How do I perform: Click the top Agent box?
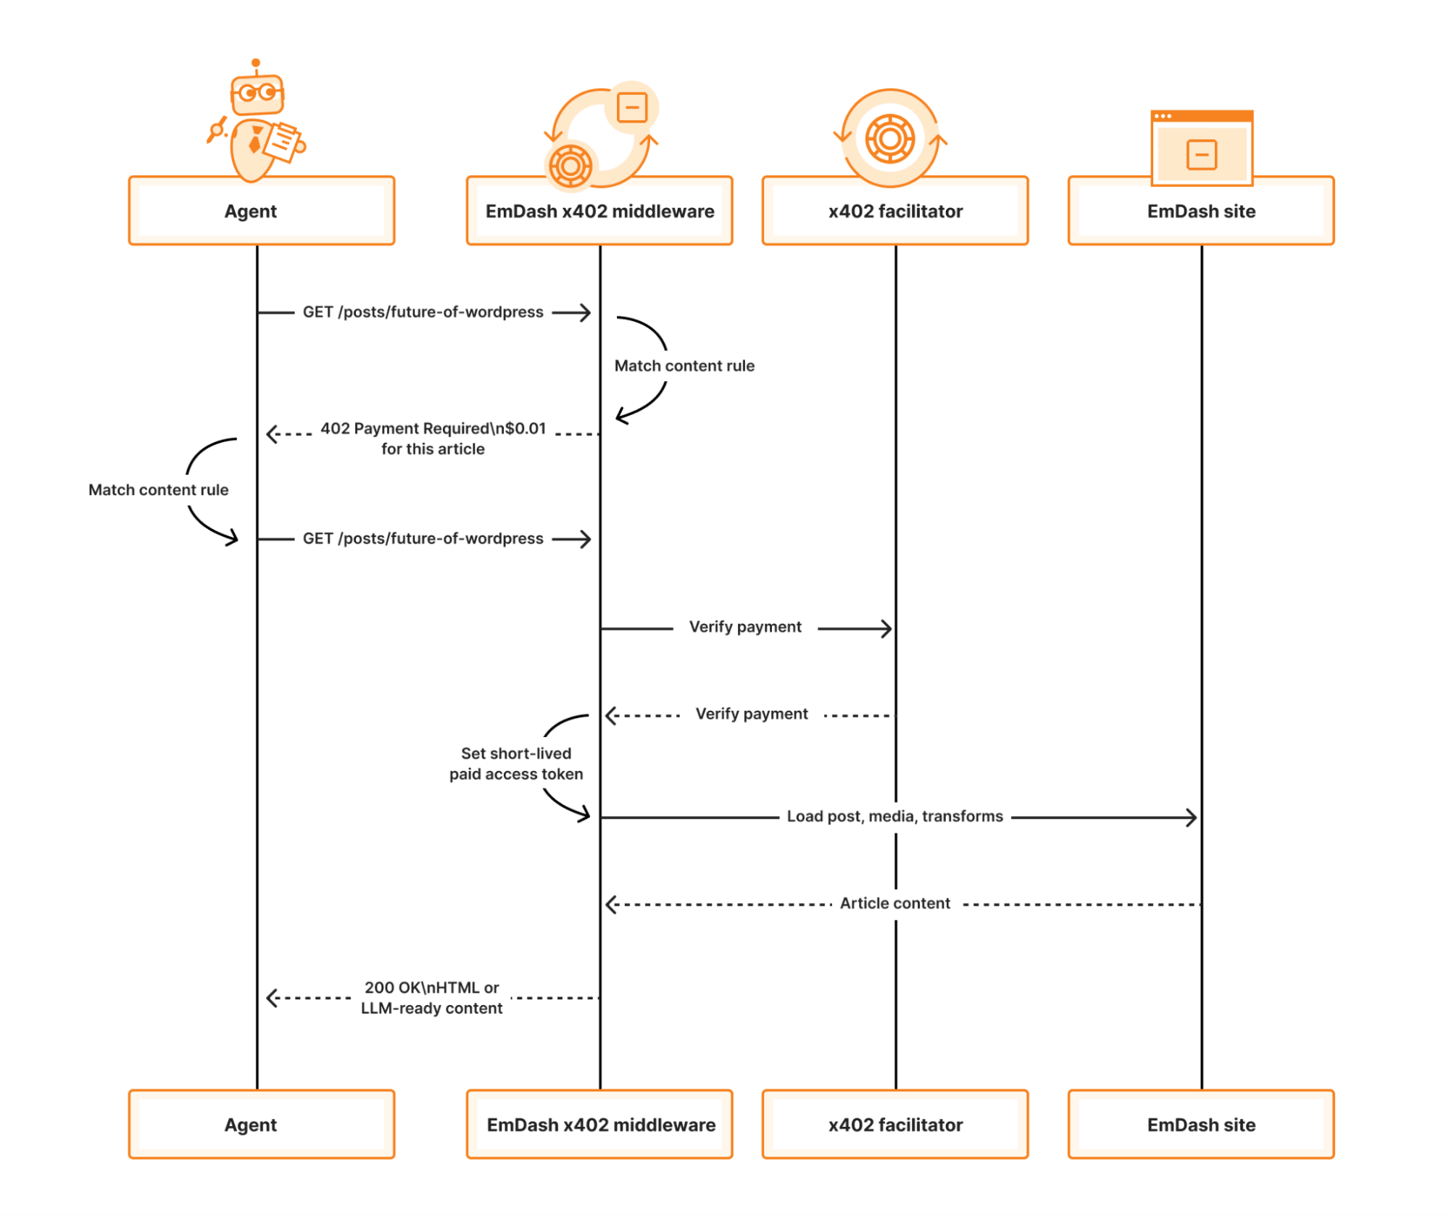[261, 211]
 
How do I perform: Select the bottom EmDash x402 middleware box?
[599, 1124]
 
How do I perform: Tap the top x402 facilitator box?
[894, 211]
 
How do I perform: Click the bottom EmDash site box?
[1200, 1124]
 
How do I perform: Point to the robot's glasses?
[257, 93]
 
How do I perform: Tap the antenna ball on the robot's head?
[255, 63]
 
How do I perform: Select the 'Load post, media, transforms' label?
[894, 816]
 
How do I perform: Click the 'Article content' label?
[894, 903]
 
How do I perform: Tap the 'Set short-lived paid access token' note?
[515, 763]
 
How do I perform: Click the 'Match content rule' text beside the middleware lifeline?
[684, 365]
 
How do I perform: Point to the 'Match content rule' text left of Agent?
[158, 489]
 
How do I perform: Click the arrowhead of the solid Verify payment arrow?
[887, 628]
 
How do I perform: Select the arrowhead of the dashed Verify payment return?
[610, 715]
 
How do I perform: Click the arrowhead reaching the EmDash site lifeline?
[1192, 817]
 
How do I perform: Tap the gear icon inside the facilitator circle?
[889, 138]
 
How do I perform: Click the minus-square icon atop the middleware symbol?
[631, 107]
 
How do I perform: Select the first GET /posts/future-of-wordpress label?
[423, 312]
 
